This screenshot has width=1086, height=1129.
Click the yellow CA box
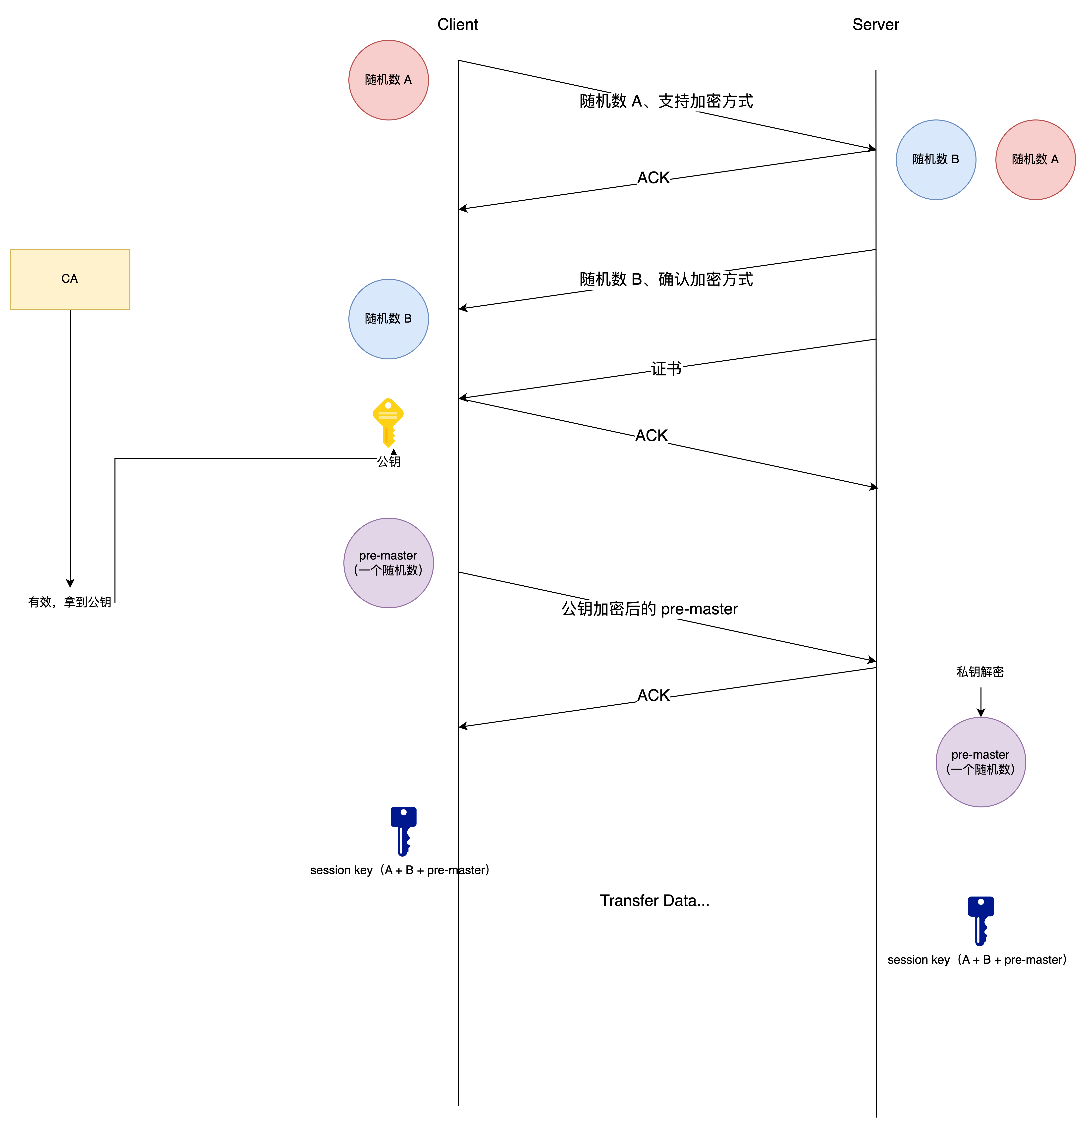pos(70,279)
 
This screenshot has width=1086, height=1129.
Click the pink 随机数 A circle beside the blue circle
pos(1035,160)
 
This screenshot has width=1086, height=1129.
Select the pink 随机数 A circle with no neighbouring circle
pos(389,80)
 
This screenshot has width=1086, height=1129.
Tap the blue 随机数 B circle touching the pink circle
pos(936,160)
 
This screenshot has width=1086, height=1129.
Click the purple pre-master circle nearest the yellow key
pos(389,563)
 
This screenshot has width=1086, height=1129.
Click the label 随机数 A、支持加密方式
pos(666,101)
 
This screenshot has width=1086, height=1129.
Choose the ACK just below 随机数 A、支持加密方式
pos(653,178)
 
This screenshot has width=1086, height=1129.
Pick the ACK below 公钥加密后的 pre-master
pos(653,696)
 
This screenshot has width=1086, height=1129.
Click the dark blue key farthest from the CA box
pos(981,920)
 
